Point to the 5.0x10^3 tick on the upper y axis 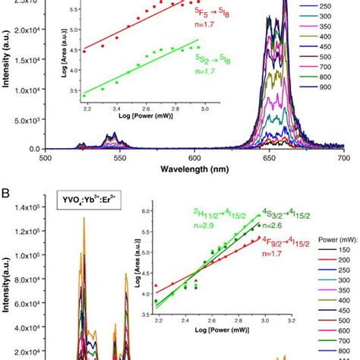(31, 120)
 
